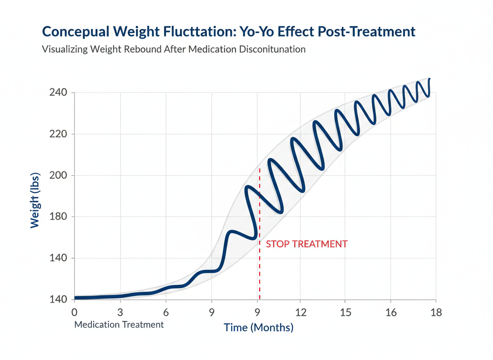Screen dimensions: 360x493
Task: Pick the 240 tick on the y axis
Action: (59, 92)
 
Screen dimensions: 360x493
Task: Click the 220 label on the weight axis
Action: (59, 134)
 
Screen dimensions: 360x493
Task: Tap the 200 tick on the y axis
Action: (59, 175)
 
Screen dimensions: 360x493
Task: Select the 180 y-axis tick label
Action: (59, 217)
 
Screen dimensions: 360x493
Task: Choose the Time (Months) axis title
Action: (259, 327)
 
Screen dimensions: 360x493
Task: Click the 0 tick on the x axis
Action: (75, 312)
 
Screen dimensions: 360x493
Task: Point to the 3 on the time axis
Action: (120, 312)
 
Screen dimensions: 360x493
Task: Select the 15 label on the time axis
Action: (346, 312)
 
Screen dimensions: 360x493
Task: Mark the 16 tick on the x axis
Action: (391, 312)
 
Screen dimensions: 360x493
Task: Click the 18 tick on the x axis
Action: (436, 312)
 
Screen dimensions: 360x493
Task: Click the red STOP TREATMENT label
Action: (306, 244)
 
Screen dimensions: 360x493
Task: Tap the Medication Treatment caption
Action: (119, 325)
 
